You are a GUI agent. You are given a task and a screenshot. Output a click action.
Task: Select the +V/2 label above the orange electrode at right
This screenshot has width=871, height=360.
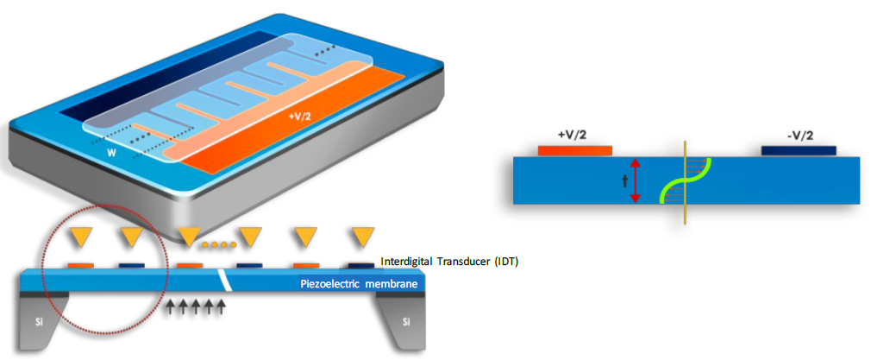coord(573,136)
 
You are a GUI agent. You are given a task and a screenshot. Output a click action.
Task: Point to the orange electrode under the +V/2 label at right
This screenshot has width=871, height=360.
coord(574,151)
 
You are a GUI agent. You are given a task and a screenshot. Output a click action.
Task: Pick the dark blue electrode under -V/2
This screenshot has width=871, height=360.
coord(799,151)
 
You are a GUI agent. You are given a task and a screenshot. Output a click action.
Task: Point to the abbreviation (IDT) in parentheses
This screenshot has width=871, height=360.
coord(505,261)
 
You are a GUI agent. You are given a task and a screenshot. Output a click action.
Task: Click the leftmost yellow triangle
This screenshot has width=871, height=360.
coord(83,235)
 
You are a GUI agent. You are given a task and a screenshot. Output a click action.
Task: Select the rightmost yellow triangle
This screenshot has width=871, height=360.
coord(363,235)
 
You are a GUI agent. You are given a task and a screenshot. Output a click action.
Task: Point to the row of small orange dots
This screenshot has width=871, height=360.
coord(220,244)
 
